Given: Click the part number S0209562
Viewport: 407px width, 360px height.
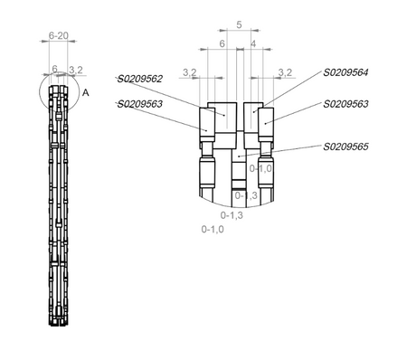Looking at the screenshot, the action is point(140,79).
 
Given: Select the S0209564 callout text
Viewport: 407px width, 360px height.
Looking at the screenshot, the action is point(345,72).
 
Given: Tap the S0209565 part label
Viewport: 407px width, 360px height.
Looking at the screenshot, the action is point(345,147).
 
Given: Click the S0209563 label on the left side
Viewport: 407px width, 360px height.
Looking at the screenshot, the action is point(140,104).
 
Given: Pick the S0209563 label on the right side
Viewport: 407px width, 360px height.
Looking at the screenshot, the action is point(345,104).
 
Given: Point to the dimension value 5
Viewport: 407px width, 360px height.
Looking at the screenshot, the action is point(239,24).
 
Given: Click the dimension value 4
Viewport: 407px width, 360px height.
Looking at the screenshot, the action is point(253,43).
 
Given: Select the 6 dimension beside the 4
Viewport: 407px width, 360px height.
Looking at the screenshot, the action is point(222,43).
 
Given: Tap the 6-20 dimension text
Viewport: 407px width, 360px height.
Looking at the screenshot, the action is point(59,35).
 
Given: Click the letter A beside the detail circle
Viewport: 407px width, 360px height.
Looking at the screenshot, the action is point(86,93).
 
